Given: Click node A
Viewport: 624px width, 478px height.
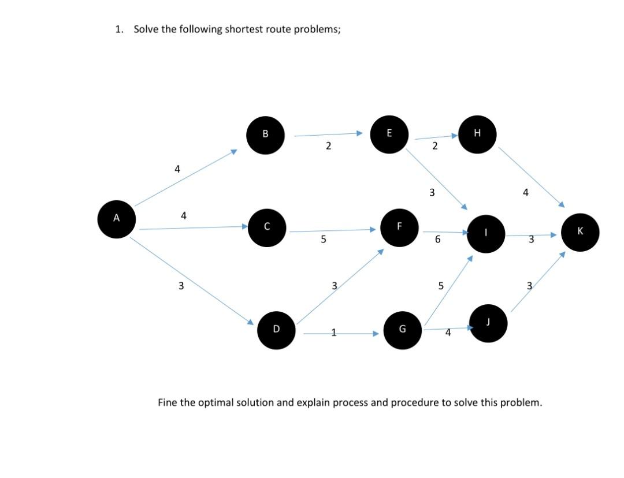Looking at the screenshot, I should pos(116,218).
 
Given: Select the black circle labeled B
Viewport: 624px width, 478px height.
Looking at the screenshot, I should pos(265,135).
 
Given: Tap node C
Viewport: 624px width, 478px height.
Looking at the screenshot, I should pos(267,227).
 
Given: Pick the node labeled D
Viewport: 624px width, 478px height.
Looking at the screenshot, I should pos(276,330).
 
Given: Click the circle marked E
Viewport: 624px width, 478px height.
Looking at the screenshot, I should pos(389,134).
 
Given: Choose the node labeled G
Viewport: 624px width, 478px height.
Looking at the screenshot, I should pos(402,330).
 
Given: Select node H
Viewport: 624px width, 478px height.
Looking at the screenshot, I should pos(477,134).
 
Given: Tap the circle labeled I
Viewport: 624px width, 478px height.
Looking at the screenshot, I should pos(486,233).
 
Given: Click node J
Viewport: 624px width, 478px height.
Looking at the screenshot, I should pos(489,323).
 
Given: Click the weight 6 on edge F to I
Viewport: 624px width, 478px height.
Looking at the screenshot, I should pos(438,239).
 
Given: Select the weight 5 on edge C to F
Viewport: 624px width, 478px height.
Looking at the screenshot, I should pos(323,239).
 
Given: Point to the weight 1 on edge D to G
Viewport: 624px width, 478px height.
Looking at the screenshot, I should pos(333,332).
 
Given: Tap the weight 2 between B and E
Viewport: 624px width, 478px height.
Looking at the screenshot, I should pos(328,147).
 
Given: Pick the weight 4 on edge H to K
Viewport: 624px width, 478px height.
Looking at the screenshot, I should pos(525,192).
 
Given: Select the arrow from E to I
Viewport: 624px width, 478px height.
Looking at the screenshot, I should pos(436,179).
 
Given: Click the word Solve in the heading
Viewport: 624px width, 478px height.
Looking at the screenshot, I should pos(146,29).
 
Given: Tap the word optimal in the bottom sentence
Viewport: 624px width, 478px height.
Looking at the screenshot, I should pos(216,402).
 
